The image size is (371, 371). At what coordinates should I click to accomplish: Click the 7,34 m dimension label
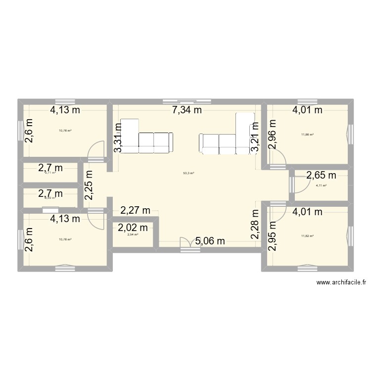click(x=187, y=111)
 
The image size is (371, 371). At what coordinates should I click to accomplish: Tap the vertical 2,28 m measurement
click(x=255, y=225)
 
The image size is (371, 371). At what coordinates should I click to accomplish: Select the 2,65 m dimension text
click(x=321, y=175)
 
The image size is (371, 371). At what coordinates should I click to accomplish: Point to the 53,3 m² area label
click(x=188, y=173)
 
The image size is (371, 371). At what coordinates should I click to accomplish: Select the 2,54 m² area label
click(x=133, y=234)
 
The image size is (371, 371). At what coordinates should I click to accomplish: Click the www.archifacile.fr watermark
click(x=341, y=282)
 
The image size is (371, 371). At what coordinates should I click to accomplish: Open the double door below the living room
click(x=186, y=243)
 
